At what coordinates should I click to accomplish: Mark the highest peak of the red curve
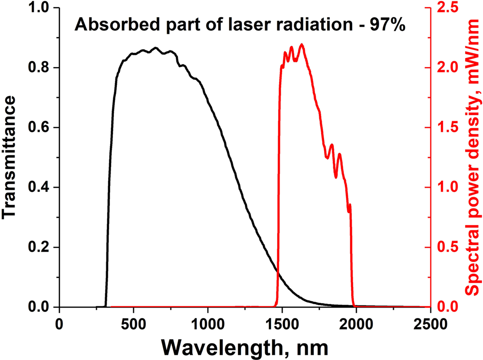pos(302,44)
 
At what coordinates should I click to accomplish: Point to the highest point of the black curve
pos(155,48)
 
